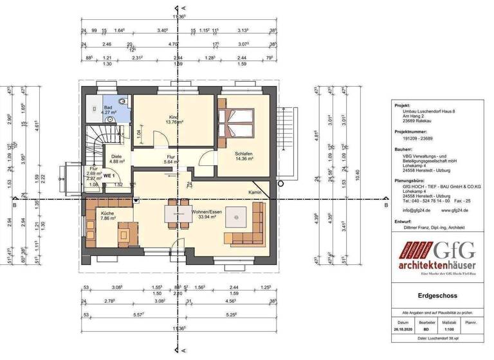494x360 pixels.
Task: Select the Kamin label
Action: (256, 193)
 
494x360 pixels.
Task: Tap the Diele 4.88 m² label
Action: (116, 159)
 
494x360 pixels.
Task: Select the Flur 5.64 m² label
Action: (171, 159)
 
